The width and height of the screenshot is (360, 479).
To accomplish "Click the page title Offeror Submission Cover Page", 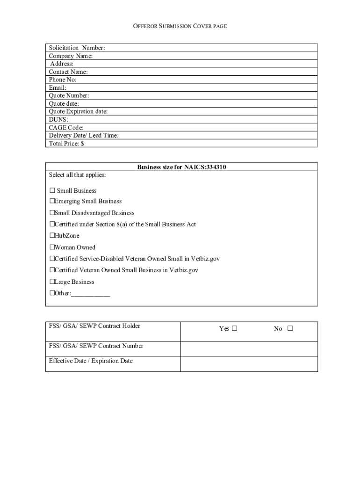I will coord(180,27).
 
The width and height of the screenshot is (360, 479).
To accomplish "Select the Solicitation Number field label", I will coord(77,48).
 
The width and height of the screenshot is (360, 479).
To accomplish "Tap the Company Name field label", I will coord(71,56).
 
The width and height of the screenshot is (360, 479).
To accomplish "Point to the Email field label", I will coord(58,87).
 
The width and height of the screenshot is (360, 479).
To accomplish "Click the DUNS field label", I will coord(58,119).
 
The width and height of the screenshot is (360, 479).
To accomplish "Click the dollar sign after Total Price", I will coord(82,144).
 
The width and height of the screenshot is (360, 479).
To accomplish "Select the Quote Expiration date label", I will coord(78,111).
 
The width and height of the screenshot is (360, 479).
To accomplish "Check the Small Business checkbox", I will coord(52,190).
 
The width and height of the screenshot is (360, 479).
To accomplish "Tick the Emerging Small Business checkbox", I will coord(52,201).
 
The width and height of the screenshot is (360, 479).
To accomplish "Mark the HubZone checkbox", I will coord(52,236).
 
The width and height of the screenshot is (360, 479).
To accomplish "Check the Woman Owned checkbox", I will coord(52,247).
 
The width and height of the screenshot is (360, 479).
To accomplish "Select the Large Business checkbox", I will coord(52,282).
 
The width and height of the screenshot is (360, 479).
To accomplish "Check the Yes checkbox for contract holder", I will coord(234,328).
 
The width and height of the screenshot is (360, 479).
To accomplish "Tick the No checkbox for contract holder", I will coord(290,328).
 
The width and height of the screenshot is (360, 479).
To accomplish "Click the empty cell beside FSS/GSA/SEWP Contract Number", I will coord(249,349).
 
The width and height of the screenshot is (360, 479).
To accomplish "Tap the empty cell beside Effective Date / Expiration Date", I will coord(249,364).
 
